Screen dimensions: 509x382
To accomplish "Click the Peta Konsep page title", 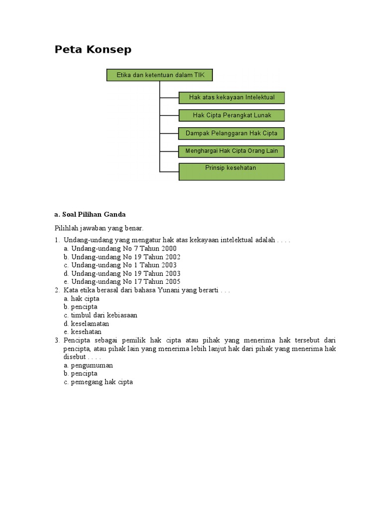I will click(x=93, y=50).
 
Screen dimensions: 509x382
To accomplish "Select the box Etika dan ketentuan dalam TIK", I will click(x=159, y=75).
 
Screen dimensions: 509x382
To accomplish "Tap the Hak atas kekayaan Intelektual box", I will click(x=231, y=97).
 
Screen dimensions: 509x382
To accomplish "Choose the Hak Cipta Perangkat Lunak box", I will click(x=231, y=115).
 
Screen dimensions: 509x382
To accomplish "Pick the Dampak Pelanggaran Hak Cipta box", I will click(x=231, y=133).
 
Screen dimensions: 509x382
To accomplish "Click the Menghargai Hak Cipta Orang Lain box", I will click(x=231, y=151).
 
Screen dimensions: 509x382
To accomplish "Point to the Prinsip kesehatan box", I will click(x=231, y=171).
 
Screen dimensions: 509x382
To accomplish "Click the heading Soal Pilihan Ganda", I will click(x=90, y=215).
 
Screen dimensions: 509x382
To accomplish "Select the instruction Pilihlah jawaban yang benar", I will click(x=99, y=228).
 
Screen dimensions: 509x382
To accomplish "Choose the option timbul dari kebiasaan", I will click(x=104, y=315).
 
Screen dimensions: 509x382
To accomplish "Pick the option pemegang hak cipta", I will click(x=101, y=382).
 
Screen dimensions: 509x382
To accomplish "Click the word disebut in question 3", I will click(x=74, y=357).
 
